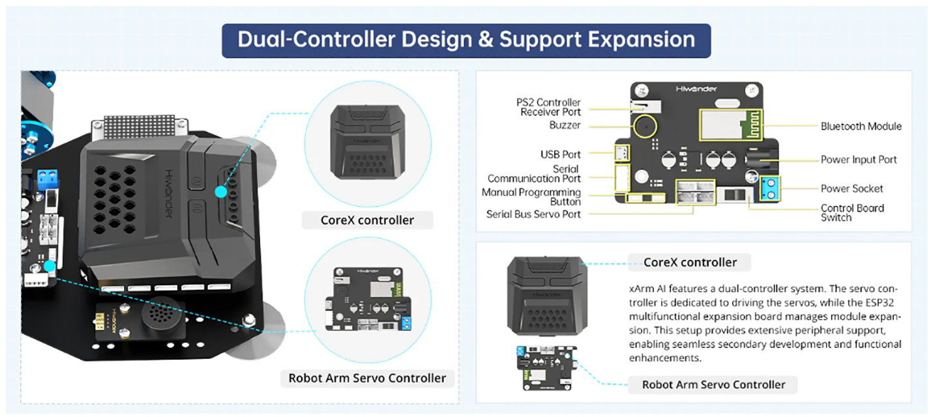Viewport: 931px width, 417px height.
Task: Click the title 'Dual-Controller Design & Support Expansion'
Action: [465, 40]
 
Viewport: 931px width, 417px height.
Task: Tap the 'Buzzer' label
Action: [565, 125]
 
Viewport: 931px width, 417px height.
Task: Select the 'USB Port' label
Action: [561, 154]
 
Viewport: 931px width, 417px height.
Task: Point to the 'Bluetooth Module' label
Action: [861, 126]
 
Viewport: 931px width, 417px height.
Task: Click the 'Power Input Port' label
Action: [859, 160]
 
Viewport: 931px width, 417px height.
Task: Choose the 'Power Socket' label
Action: [851, 188]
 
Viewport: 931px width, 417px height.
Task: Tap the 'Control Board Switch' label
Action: [851, 212]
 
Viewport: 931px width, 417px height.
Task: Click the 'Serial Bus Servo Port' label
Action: [533, 214]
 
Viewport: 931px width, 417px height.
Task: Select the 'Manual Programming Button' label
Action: [531, 197]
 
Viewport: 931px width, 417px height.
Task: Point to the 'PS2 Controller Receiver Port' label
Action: [548, 108]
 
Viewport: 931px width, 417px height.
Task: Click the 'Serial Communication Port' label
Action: [534, 173]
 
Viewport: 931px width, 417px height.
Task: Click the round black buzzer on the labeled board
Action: [647, 125]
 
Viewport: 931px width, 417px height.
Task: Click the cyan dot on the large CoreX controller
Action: [220, 192]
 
